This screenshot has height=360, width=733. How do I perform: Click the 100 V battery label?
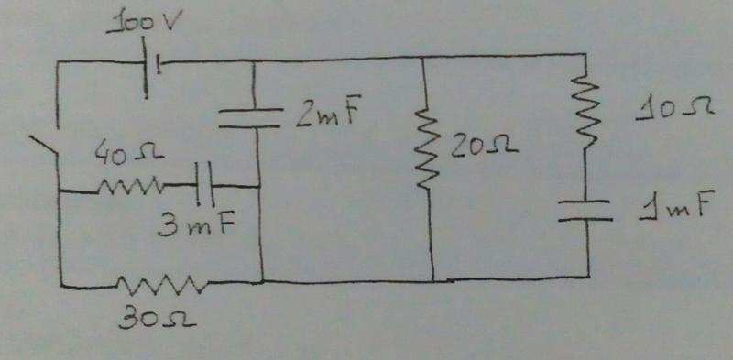pos(141,24)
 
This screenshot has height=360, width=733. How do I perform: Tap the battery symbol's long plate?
pos(145,68)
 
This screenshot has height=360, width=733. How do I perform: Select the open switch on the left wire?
pos(43,145)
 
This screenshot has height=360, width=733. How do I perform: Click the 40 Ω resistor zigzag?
pos(130,188)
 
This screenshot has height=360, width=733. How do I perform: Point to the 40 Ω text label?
pos(128,152)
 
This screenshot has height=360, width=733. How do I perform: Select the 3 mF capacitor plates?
pos(204,184)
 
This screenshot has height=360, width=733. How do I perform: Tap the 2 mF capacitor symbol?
pos(250,118)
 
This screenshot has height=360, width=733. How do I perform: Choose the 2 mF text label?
pos(328,115)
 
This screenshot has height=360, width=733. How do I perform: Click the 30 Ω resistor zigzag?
pos(160,285)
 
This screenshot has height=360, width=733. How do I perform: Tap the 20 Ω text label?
pos(484,147)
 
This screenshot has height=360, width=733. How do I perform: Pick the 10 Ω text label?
pos(673,111)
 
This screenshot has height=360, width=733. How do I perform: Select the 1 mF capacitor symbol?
pos(585,210)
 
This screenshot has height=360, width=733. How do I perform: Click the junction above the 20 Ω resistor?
pos(422,58)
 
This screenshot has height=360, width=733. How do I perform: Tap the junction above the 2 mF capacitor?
pos(254,60)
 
